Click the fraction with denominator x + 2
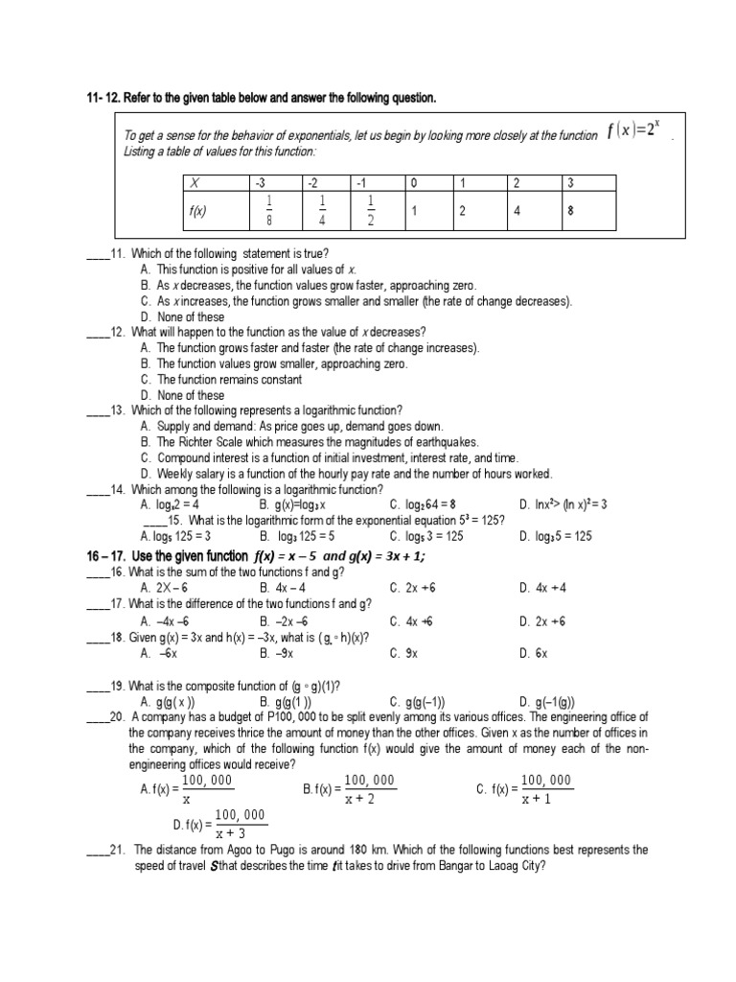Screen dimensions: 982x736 [x=369, y=790]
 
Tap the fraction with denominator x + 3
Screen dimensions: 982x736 [x=241, y=824]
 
